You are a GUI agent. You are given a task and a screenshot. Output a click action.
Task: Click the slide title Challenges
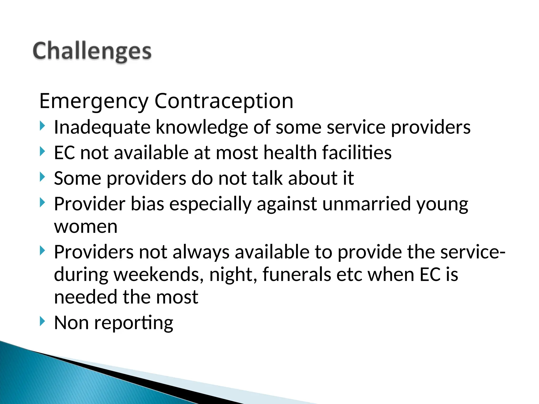[x=92, y=52]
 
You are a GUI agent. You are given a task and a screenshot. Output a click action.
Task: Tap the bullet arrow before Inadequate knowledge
[x=42, y=126]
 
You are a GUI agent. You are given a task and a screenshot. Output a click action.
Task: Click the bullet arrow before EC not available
[x=42, y=151]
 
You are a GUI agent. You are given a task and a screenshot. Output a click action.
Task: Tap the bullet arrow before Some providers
[x=42, y=177]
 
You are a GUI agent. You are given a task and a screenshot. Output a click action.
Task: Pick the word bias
[x=147, y=204]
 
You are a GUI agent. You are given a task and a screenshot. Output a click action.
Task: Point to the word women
[x=86, y=227]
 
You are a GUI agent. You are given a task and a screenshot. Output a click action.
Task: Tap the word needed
[x=86, y=297]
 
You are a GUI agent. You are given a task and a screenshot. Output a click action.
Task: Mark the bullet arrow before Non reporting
[x=42, y=321]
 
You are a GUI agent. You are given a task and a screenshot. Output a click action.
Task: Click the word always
[x=201, y=252]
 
